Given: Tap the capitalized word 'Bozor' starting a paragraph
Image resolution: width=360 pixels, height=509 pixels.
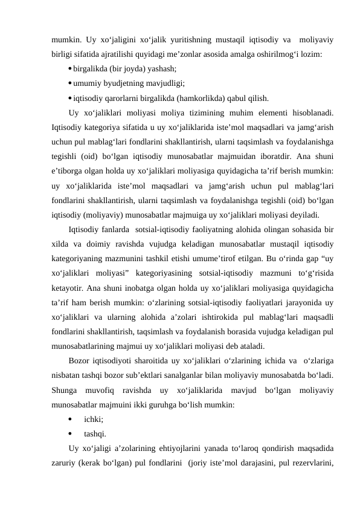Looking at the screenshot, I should pos(81,359).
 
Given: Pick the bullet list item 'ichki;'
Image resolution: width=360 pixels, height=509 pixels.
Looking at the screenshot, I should pos(93,417).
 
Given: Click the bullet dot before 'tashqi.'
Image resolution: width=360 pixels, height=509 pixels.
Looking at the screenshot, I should pos(71,432).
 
